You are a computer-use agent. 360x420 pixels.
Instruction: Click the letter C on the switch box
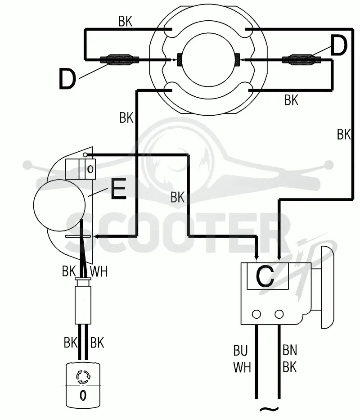(x=265, y=276)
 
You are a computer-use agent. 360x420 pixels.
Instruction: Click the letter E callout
(x=118, y=189)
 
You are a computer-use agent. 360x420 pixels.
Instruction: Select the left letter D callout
(x=67, y=78)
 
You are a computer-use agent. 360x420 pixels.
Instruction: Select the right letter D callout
(x=339, y=45)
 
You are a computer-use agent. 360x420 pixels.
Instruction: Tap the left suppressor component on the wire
(x=119, y=59)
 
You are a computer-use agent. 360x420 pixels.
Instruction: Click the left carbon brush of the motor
(x=180, y=59)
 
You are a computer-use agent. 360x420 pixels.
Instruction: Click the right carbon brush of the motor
(x=238, y=59)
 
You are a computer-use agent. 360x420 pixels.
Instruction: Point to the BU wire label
(x=241, y=350)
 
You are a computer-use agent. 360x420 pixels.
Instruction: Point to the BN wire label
(x=290, y=350)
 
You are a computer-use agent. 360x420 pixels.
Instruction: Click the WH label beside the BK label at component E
(x=99, y=271)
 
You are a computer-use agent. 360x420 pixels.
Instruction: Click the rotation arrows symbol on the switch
(x=83, y=377)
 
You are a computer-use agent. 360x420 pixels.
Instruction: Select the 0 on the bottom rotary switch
(x=83, y=395)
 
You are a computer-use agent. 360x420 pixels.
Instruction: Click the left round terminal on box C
(x=256, y=314)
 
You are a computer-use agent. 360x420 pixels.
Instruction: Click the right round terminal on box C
(x=279, y=314)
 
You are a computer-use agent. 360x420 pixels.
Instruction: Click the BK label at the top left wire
(x=125, y=22)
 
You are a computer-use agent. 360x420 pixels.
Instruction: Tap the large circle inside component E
(x=59, y=205)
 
